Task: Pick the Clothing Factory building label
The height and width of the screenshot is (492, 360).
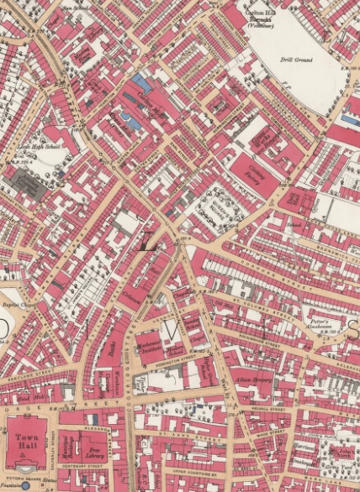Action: (x=254, y=174)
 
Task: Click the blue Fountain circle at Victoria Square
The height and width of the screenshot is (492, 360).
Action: (x=25, y=484)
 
